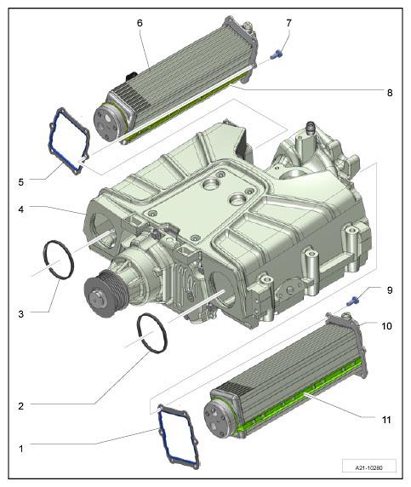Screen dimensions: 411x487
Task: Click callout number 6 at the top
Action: pyautogui.click(x=140, y=23)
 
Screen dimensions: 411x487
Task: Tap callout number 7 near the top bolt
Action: pyautogui.click(x=288, y=23)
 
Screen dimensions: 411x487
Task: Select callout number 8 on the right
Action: pyautogui.click(x=390, y=93)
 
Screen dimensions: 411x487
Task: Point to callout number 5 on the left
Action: pyautogui.click(x=20, y=182)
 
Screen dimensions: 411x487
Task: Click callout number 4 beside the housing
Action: pyautogui.click(x=20, y=209)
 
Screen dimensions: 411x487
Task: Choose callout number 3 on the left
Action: pyautogui.click(x=20, y=314)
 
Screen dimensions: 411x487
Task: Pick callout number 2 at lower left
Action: pyautogui.click(x=20, y=406)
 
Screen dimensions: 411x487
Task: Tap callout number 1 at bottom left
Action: pyautogui.click(x=20, y=449)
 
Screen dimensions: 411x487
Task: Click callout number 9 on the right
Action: pyautogui.click(x=390, y=290)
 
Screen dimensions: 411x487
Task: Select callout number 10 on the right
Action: pyautogui.click(x=387, y=326)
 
